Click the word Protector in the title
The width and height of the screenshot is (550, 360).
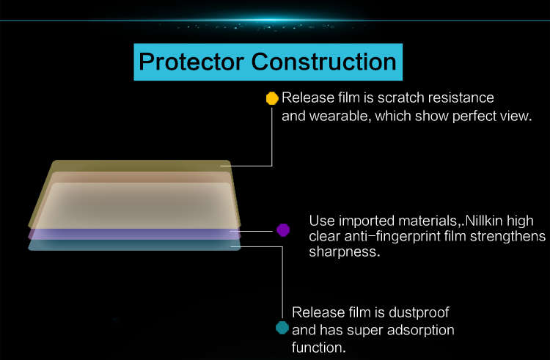[191, 62]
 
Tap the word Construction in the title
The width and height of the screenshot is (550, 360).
[323, 62]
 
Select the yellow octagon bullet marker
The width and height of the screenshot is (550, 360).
[272, 98]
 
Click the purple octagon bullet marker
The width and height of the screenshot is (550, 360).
[283, 230]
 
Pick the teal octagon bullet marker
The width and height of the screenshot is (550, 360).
[282, 328]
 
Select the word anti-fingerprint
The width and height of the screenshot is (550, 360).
[392, 237]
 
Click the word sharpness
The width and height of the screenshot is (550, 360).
[345, 251]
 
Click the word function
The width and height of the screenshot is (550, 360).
[318, 348]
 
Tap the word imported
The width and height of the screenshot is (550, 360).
[367, 221]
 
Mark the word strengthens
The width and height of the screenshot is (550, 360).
[508, 237]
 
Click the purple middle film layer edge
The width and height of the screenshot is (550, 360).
[134, 234]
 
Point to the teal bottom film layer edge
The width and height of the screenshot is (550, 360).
[134, 245]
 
